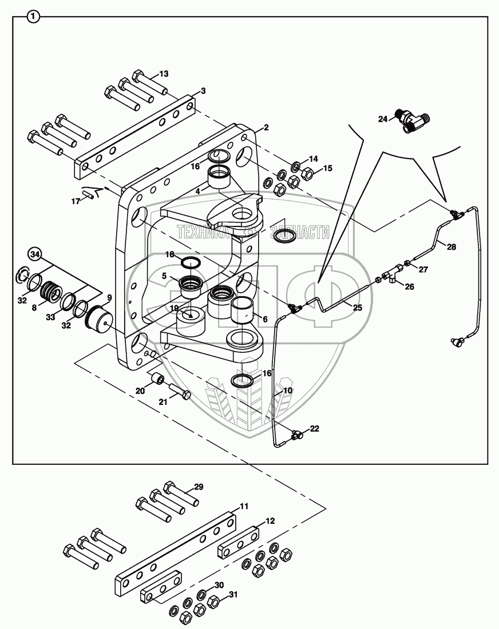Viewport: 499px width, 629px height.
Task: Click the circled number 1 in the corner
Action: click(34, 18)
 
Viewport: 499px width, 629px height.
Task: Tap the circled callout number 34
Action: click(35, 254)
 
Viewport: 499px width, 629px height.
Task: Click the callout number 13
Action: click(164, 74)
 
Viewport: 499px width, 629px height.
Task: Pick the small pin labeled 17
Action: click(88, 194)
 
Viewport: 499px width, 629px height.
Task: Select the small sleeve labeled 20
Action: click(157, 379)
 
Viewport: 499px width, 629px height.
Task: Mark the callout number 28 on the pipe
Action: click(452, 247)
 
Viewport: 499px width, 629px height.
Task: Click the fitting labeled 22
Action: click(296, 436)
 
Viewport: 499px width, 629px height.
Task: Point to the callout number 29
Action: click(198, 487)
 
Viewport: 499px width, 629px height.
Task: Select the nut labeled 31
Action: click(214, 601)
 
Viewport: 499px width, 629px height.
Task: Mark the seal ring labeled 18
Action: click(191, 262)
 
